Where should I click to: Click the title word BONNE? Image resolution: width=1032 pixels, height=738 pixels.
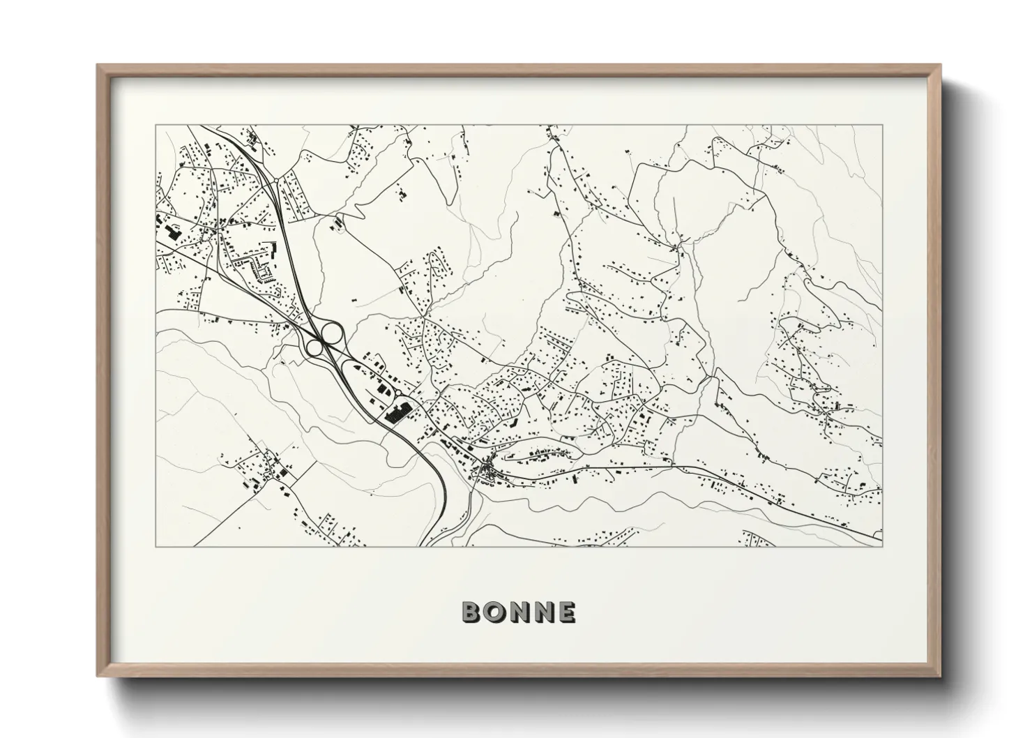click(x=518, y=612)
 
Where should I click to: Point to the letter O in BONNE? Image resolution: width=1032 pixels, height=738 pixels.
click(x=495, y=612)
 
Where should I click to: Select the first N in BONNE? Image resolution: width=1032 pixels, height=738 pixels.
click(x=519, y=612)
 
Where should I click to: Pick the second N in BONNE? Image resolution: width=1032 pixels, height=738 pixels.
click(x=544, y=612)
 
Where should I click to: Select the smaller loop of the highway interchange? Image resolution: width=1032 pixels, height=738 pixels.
click(x=314, y=345)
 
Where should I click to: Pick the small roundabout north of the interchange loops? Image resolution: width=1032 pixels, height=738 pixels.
click(x=278, y=181)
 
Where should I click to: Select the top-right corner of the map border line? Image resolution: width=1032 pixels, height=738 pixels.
click(x=882, y=126)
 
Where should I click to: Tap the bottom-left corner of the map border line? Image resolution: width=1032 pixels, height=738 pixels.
click(x=155, y=546)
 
